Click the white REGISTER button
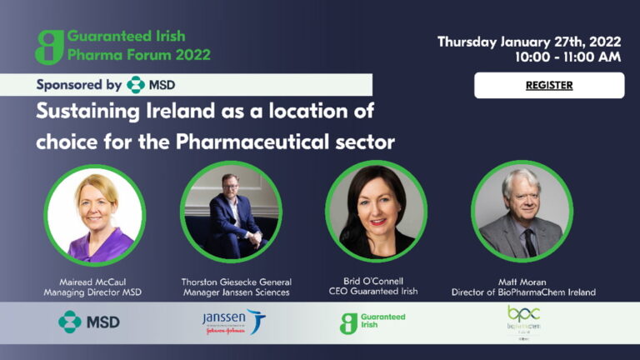549,85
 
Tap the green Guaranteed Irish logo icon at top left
49,47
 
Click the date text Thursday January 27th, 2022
529,41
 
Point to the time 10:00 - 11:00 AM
567,57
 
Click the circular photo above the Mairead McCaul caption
94,215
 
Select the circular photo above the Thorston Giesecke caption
231,212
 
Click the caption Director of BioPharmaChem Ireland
523,292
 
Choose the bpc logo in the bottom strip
523,322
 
